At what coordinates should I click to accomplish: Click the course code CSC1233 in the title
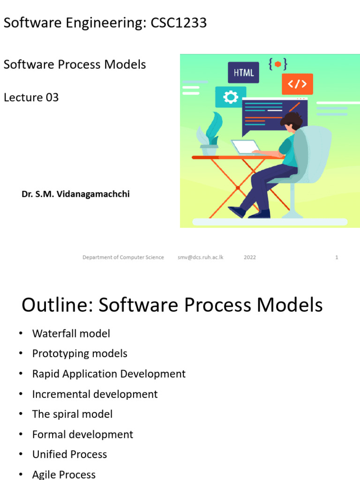[179, 23]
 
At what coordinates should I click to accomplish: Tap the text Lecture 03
[31, 97]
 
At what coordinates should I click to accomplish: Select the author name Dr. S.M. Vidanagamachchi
[75, 194]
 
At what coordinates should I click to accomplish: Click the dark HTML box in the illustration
[243, 73]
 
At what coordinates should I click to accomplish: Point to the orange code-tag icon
[297, 84]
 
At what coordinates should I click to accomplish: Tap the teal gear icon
[230, 97]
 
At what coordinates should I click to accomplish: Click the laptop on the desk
[246, 147]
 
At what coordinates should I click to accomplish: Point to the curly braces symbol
[278, 64]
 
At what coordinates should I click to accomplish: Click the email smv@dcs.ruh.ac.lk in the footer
[200, 257]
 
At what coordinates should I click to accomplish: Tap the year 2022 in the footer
[250, 257]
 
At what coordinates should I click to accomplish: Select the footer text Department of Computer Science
[123, 257]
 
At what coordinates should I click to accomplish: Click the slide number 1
[337, 257]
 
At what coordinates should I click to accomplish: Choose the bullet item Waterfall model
[71, 334]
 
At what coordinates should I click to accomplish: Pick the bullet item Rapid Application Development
[109, 374]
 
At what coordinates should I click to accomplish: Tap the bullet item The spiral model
[72, 414]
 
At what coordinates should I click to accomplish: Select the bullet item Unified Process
[69, 455]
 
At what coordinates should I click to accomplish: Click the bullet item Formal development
[82, 435]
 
